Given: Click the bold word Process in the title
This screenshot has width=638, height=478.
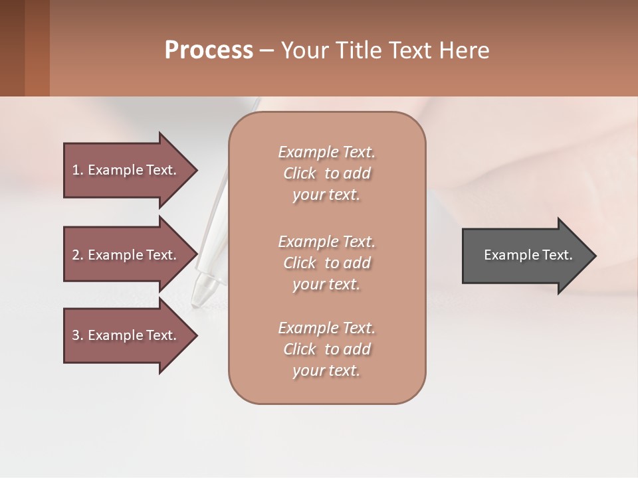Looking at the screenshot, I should click(x=209, y=50).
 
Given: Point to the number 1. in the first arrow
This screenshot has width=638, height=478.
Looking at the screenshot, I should click(x=77, y=170).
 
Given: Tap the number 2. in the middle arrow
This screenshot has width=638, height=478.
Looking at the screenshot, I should click(x=77, y=255).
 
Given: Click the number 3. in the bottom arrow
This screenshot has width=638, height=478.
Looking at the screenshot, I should click(x=77, y=335).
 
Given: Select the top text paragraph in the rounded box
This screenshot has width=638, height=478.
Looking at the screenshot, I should click(x=326, y=173).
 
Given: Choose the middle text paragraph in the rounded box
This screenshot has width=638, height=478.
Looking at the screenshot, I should click(x=326, y=263).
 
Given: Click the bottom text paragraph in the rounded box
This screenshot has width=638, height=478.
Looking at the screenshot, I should click(x=326, y=349).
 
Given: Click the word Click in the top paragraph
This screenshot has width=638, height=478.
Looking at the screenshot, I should click(x=300, y=173).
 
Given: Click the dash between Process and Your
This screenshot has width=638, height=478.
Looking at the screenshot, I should click(x=266, y=51).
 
